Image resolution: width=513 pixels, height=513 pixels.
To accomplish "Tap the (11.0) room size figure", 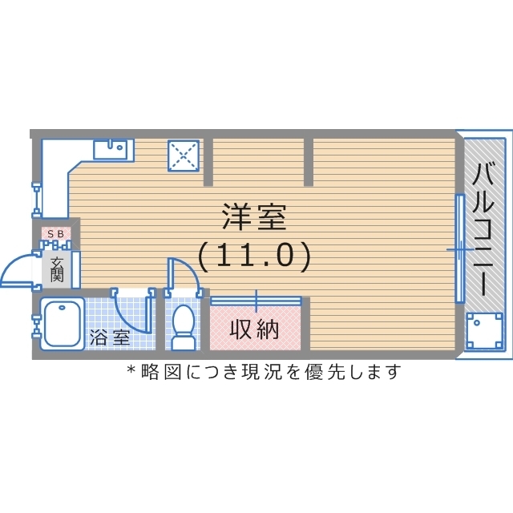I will tap(253, 255).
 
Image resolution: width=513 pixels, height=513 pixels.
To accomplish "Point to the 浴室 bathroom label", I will tap(110, 337).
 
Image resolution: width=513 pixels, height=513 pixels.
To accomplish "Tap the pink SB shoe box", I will tap(57, 233).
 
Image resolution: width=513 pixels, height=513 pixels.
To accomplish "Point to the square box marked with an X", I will tap(183, 155).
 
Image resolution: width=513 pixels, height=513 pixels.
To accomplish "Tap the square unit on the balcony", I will tap(484, 330).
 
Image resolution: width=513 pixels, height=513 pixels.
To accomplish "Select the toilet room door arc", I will tap(184, 271).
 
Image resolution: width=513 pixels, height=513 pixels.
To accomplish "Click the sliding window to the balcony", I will tap(460, 249).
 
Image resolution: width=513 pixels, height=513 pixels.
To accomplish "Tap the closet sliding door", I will tap(256, 301).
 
